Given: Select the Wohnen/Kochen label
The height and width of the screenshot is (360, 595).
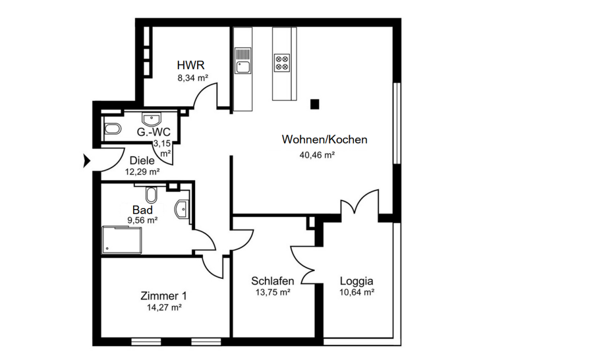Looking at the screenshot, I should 324,139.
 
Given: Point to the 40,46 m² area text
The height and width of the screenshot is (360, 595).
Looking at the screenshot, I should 317,154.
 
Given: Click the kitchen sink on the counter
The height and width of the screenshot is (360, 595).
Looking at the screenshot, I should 242,61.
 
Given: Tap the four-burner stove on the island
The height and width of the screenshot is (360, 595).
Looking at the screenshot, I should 282,62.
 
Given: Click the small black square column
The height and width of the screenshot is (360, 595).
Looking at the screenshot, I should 315,105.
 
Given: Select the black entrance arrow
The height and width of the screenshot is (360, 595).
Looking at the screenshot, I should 87,161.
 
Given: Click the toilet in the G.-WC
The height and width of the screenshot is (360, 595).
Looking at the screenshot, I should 112,128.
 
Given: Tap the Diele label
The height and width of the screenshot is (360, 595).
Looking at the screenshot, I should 142,160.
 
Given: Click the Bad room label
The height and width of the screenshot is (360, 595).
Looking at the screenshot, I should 142,210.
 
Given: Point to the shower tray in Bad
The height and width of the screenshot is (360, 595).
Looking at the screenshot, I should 121,240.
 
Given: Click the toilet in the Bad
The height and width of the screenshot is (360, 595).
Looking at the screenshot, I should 152,194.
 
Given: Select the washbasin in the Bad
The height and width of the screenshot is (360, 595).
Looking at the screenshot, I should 182,208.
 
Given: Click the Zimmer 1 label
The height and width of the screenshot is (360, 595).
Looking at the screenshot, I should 164,296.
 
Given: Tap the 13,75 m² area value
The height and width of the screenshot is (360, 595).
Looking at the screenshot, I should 273,293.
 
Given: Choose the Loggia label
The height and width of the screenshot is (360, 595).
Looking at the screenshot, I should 356,281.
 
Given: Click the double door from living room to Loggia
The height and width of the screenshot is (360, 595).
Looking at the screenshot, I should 360,204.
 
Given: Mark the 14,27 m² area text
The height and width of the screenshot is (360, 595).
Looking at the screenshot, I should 164,308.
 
